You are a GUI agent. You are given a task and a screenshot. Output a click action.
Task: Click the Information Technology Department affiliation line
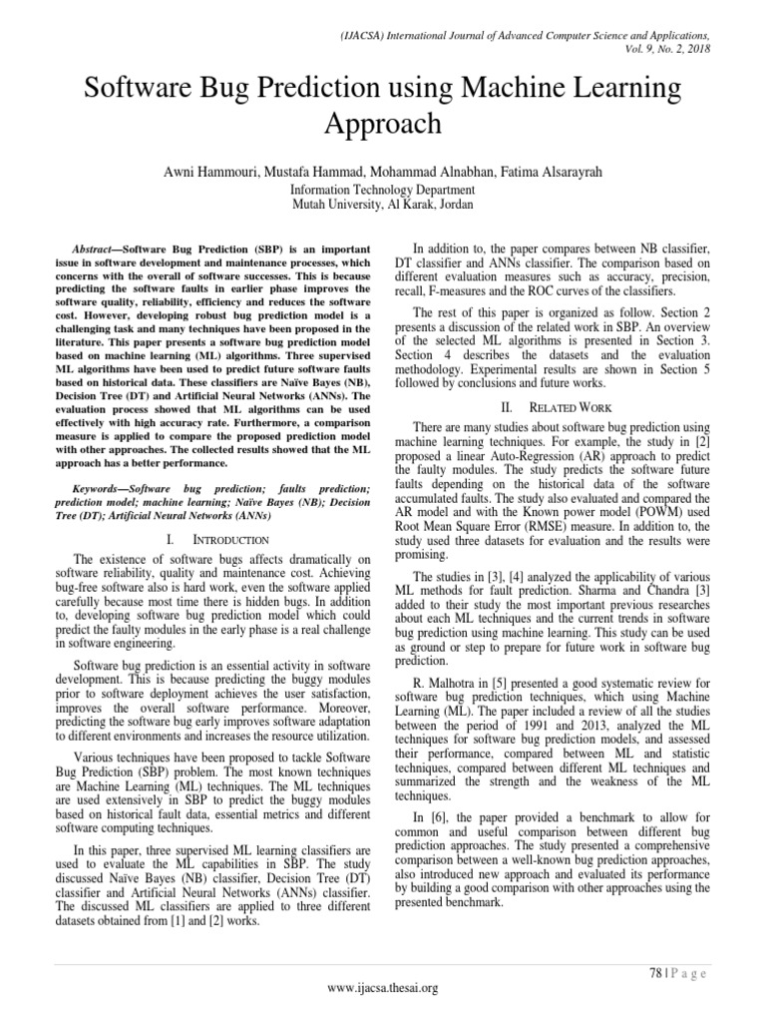coord(383,190)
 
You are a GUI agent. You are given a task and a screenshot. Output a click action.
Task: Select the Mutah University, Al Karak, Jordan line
coord(383,204)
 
